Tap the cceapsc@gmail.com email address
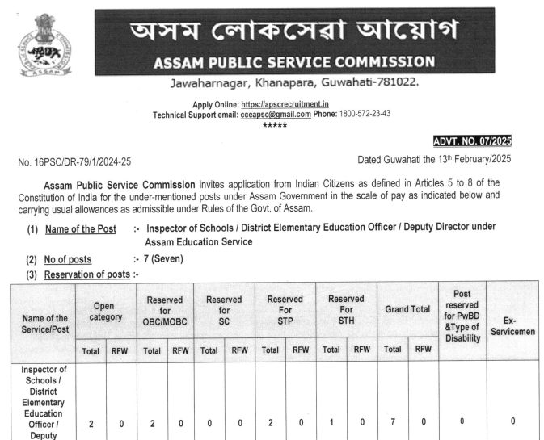(276, 114)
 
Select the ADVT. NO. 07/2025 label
(472, 141)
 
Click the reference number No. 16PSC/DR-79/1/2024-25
(74, 162)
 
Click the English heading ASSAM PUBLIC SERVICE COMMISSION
(293, 61)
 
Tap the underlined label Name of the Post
(83, 229)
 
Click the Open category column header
(106, 311)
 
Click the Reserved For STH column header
(346, 311)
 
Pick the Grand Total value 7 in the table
(392, 423)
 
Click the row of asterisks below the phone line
(274, 125)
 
